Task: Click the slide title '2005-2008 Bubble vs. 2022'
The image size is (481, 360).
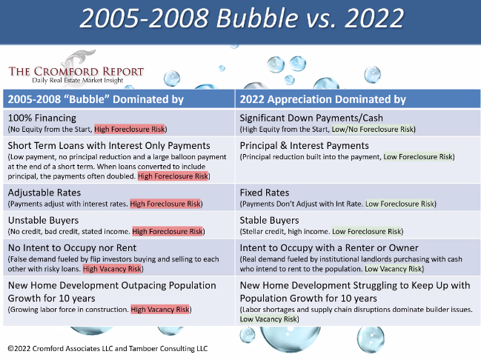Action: tap(242, 18)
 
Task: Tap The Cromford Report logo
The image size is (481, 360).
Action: tap(76, 68)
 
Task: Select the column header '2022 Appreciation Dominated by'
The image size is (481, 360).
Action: tap(322, 99)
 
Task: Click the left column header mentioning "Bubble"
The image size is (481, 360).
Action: tap(96, 99)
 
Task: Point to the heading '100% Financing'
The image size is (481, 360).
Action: tap(42, 118)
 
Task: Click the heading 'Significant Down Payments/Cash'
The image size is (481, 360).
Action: tap(311, 118)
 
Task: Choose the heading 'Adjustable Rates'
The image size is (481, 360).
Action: tap(44, 193)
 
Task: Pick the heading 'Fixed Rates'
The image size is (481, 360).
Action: tap(265, 193)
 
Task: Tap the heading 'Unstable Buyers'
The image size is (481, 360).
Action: tap(43, 220)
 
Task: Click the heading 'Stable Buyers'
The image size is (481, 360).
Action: tap(269, 220)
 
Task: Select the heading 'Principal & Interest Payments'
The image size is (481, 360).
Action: tap(305, 146)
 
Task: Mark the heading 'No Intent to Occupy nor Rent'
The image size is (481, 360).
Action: tap(72, 247)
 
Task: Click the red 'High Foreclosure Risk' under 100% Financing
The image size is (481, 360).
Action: tap(130, 129)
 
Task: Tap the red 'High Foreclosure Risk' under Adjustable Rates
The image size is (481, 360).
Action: tap(165, 204)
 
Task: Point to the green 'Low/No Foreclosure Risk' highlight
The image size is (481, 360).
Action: tap(373, 129)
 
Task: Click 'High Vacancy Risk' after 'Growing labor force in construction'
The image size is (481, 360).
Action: tap(160, 310)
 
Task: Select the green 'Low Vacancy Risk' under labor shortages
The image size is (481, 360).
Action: tap(268, 319)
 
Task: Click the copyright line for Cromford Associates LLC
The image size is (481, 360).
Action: tap(107, 349)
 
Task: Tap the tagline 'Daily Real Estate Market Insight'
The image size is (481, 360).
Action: tap(78, 80)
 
